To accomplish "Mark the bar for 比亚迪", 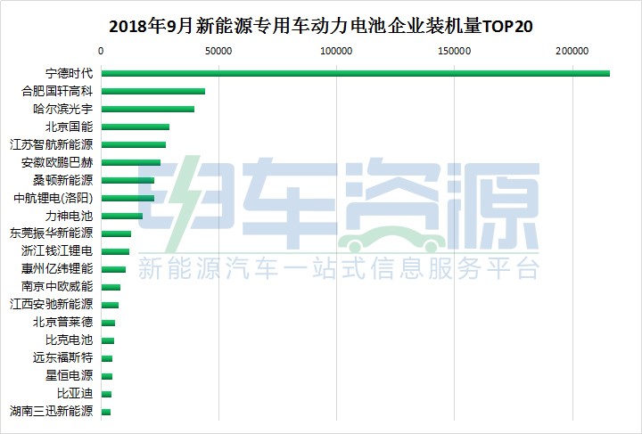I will pos(106,394).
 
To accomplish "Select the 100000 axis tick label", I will pos(337,51).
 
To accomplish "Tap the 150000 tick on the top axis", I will pos(455,51).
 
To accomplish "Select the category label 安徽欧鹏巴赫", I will pos(56,162).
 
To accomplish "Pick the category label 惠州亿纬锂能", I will pos(56,269).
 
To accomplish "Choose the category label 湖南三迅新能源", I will pos(51,412).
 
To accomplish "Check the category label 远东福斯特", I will pos(62,358).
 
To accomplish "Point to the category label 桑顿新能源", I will pos(62,180).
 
